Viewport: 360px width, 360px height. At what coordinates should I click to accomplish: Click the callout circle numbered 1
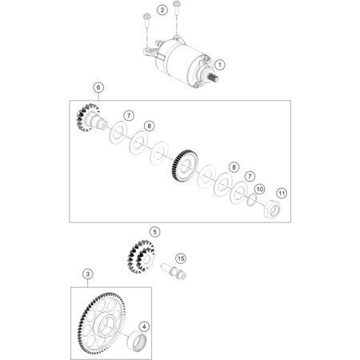point(220,65)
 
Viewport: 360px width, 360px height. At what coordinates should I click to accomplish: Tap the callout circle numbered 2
point(162,10)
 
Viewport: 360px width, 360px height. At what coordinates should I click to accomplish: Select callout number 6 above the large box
point(98,87)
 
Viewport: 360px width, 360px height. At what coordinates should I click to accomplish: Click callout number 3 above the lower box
point(88,274)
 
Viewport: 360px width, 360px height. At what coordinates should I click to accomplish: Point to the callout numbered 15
point(181,258)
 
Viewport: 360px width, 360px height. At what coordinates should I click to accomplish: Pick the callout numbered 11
point(282,193)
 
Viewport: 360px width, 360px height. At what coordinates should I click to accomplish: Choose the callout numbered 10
point(259,190)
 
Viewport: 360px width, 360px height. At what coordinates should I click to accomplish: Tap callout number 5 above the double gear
point(155,232)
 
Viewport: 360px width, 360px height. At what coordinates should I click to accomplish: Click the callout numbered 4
point(144,326)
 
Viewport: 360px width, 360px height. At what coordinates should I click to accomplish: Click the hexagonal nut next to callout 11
point(272,209)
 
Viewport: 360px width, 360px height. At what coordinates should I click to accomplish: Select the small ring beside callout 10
point(251,200)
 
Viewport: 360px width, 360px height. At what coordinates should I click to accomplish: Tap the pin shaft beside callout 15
point(174,271)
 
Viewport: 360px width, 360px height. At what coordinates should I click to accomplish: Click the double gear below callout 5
point(142,257)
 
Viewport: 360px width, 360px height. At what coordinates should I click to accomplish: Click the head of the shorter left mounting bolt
point(146,17)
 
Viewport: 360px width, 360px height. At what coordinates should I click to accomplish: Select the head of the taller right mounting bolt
point(176,4)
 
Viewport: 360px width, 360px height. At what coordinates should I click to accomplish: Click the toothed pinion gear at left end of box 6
point(88,118)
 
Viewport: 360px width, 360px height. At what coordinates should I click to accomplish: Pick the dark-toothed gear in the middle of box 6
point(185,166)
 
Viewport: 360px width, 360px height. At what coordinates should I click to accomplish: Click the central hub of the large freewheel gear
point(106,326)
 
